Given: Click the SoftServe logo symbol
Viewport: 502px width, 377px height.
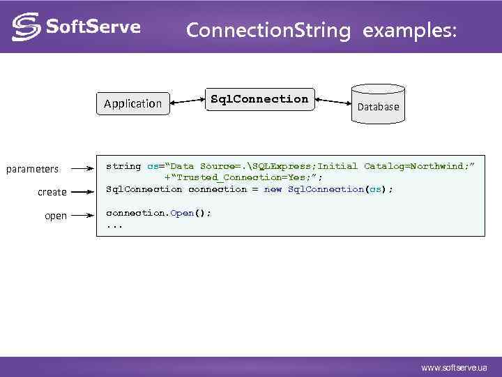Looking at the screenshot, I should coord(26,27).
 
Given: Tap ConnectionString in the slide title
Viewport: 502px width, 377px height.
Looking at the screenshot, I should coord(268,31).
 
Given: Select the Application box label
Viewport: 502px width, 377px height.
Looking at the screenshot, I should coord(132,104).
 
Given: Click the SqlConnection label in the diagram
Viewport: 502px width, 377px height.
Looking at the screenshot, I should coord(259,99).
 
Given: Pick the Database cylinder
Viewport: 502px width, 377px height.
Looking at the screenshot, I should coord(378,104).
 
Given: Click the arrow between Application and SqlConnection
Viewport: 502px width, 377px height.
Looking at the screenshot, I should coord(188,101).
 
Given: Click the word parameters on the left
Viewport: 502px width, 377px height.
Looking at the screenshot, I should coord(33,169).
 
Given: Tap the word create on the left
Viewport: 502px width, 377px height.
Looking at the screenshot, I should coord(52,192).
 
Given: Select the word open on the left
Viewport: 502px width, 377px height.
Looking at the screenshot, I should coord(56,216).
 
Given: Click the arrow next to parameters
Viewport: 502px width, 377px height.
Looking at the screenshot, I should coord(82,168).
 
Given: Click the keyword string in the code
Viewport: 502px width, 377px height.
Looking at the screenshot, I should coord(123,166).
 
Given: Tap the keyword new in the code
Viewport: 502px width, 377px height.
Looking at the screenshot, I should coord(273,189).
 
